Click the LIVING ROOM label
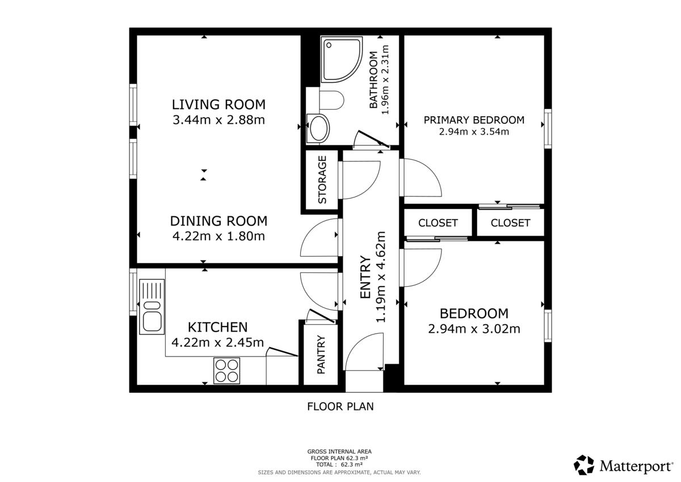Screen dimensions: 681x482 pos(218,104)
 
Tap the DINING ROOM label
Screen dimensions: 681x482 pos(218,221)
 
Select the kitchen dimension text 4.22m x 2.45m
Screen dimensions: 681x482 pos(218,343)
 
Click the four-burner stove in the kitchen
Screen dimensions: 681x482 pos(226,371)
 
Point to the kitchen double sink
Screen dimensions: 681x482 pos(152,307)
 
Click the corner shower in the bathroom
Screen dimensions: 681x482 pos(342,59)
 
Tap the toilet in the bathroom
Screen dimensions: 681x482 pos(331,100)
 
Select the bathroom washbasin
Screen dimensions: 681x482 pos(318,129)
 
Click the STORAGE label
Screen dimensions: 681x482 pos(322,180)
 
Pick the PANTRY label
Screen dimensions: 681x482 pos(321,354)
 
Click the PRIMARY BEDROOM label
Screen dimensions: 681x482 pos(474,120)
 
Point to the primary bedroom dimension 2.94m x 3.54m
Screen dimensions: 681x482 pos(474,132)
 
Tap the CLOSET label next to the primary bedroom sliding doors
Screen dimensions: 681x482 pos(510,223)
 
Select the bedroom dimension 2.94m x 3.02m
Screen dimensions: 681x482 pos(474,329)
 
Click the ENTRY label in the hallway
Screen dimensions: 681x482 pos(365,277)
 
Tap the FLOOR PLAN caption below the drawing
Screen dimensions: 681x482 pos(340,406)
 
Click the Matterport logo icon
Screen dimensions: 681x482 pos(584,465)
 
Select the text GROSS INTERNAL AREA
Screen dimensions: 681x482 pos(339,451)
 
